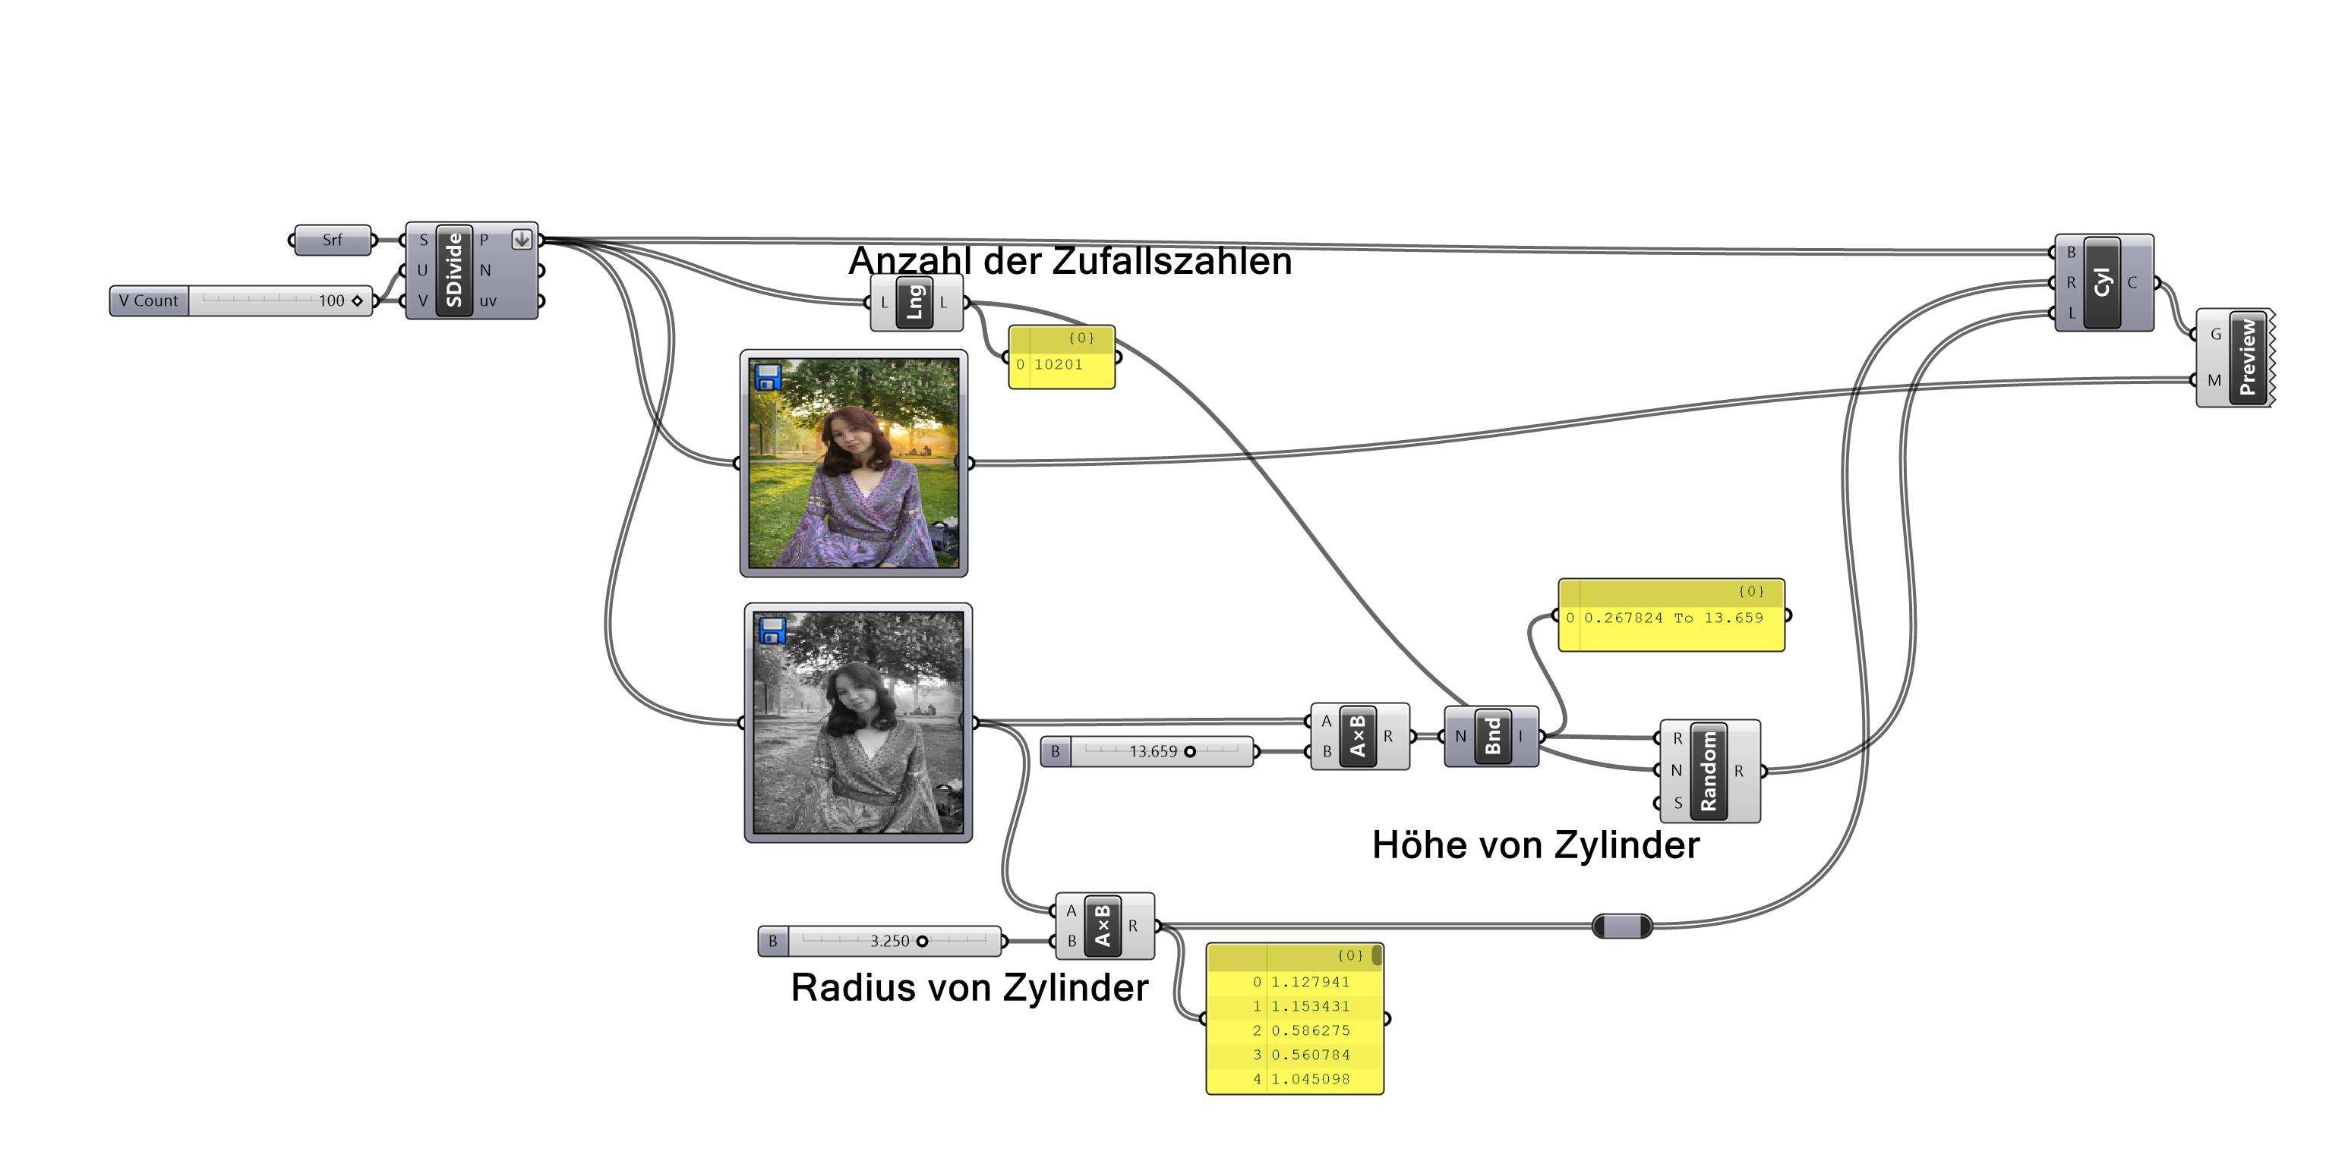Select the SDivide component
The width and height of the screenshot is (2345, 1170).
coord(454,270)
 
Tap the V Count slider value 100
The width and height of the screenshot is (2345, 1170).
coord(331,301)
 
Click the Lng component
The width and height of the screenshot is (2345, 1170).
coord(915,302)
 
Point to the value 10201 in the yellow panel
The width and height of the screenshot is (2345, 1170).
coord(1058,365)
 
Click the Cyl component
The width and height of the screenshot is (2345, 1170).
coord(2102,282)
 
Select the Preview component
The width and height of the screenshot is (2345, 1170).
coord(2248,357)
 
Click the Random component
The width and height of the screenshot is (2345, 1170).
coord(1709,771)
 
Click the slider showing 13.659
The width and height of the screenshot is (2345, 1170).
coord(1154,751)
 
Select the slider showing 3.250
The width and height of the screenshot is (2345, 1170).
coord(889,941)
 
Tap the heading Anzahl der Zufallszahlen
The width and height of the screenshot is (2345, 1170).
coord(1070,261)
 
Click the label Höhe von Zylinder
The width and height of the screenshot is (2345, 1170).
coord(1535,845)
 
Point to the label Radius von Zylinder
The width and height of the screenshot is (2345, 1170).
coord(970,988)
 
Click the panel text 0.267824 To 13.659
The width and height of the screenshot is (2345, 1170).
coord(1673,618)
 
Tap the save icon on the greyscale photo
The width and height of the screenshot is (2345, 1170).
coord(773,631)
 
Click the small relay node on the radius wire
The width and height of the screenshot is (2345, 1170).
coord(1621,926)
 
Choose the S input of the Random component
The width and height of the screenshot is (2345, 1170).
coord(1677,803)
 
